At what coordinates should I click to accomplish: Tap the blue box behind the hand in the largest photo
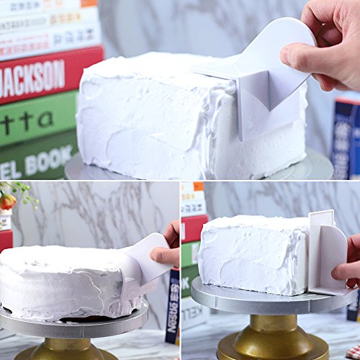[x=346, y=137]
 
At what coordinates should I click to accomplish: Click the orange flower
[x=7, y=201]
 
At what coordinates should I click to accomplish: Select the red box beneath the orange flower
[x=5, y=241]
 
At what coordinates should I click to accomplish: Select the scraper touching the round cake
[x=140, y=263]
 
